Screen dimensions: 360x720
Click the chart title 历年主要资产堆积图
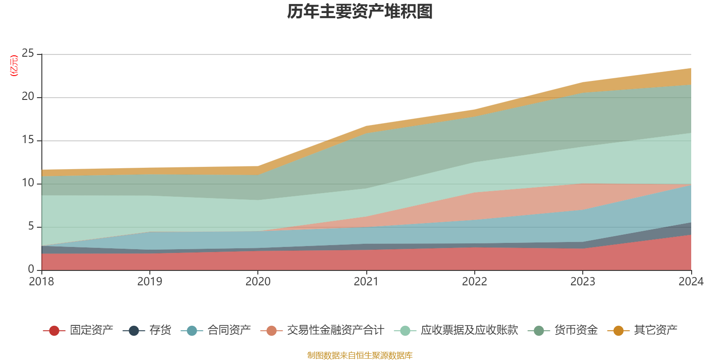360,12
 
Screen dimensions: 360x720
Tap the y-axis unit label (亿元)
14,66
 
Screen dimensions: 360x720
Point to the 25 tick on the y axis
28,54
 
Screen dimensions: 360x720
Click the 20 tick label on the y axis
28,97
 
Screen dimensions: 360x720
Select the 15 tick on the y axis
28,140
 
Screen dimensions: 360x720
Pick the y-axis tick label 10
28,183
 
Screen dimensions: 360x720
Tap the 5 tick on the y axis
31,226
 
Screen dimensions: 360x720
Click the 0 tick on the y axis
31,269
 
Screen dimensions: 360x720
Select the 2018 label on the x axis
41,282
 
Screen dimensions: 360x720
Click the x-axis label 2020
258,282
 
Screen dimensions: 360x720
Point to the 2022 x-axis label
474,282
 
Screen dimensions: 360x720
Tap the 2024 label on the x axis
691,282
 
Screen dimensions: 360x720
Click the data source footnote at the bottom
360,355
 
